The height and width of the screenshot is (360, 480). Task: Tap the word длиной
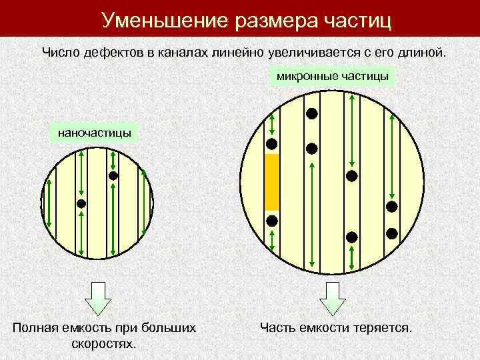[x=418, y=52]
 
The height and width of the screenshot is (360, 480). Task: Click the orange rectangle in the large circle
[x=271, y=182]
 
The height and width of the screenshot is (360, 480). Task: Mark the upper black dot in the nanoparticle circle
[x=113, y=176]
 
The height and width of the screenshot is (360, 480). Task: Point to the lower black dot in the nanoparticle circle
[x=81, y=204]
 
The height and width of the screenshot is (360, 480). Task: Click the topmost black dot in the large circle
[x=311, y=113]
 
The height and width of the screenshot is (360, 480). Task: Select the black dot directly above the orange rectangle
[x=271, y=144]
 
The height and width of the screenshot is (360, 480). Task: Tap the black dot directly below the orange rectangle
[x=271, y=221]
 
